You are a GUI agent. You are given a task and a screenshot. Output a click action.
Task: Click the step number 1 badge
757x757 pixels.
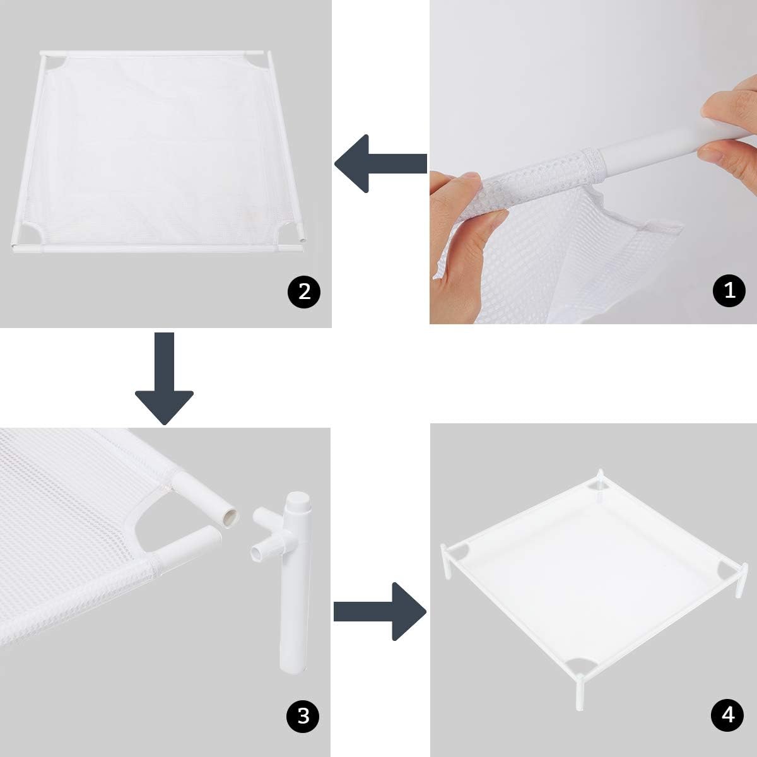pos(729,290)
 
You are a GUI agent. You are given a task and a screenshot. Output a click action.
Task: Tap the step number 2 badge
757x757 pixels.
pos(304,292)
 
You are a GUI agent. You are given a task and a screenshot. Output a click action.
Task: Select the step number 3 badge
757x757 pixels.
pos(303,715)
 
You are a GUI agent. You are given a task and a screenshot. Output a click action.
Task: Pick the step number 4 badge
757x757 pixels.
pos(727,715)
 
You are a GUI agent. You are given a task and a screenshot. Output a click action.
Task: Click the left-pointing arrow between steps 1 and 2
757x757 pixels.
pos(380,163)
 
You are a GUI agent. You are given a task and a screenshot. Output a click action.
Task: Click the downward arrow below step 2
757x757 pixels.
pos(164,378)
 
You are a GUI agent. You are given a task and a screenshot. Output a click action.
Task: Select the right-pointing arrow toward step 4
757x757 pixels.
pos(380,612)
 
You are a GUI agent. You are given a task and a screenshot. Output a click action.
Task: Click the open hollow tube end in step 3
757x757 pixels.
pos(230,517)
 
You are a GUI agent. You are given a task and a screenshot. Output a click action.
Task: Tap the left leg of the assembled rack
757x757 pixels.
pos(445,561)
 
